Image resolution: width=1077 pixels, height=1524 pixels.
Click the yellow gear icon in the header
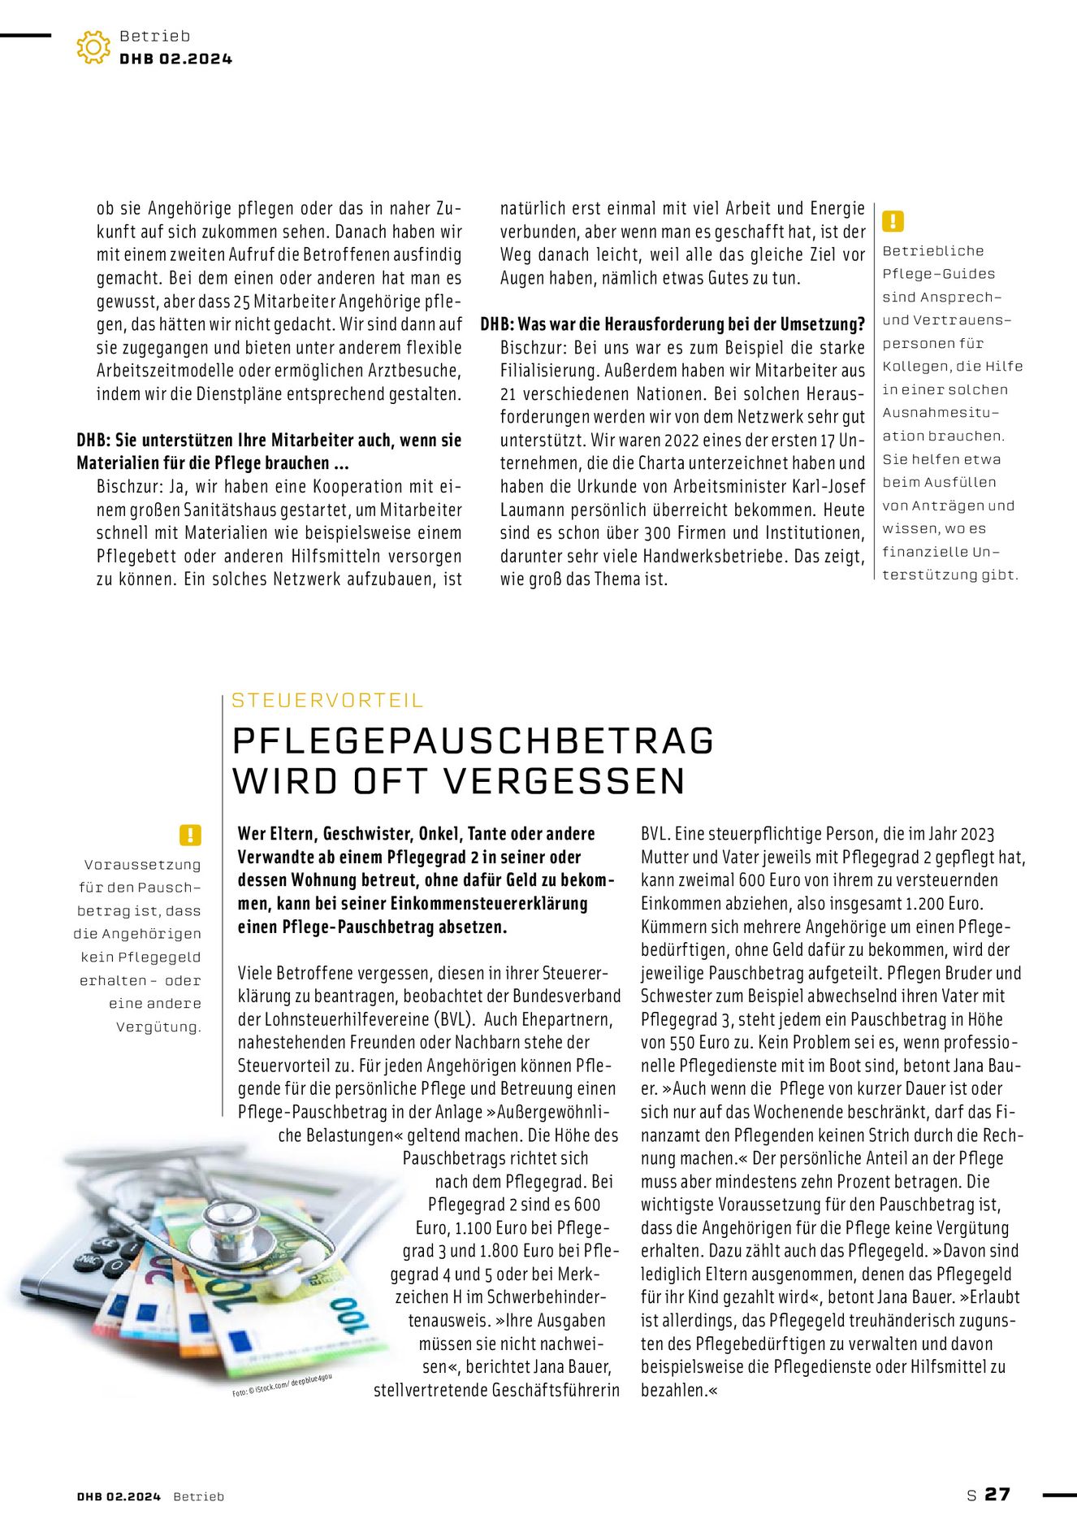click(x=93, y=47)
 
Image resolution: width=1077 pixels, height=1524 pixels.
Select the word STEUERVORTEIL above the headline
click(x=327, y=700)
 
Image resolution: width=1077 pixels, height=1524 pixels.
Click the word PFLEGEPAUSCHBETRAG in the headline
click(x=473, y=740)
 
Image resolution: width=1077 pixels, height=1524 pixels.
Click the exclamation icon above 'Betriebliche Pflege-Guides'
click(x=893, y=220)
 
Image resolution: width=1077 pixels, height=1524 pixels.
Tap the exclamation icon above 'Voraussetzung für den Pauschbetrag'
click(x=190, y=835)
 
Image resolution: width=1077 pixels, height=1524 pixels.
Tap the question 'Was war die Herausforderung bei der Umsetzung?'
click(x=691, y=324)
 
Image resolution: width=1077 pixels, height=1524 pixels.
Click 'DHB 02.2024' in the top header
click(x=175, y=59)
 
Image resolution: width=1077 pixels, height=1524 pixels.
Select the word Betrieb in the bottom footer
click(x=198, y=1496)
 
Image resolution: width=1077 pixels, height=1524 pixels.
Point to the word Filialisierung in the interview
click(x=551, y=371)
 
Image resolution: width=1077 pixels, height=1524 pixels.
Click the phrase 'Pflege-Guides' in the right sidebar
click(x=938, y=274)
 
